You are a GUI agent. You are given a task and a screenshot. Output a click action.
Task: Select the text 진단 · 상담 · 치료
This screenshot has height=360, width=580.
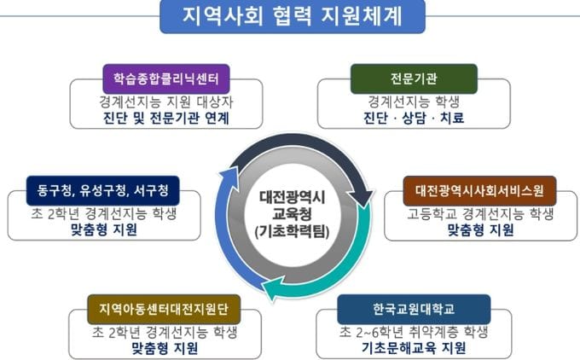click(x=414, y=119)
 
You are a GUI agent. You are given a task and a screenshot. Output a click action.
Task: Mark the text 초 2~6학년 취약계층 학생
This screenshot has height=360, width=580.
click(x=414, y=331)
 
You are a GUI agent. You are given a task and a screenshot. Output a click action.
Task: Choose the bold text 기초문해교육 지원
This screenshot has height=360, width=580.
click(x=414, y=348)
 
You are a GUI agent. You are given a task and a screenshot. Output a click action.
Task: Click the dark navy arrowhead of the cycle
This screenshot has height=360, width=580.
click(x=364, y=198)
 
